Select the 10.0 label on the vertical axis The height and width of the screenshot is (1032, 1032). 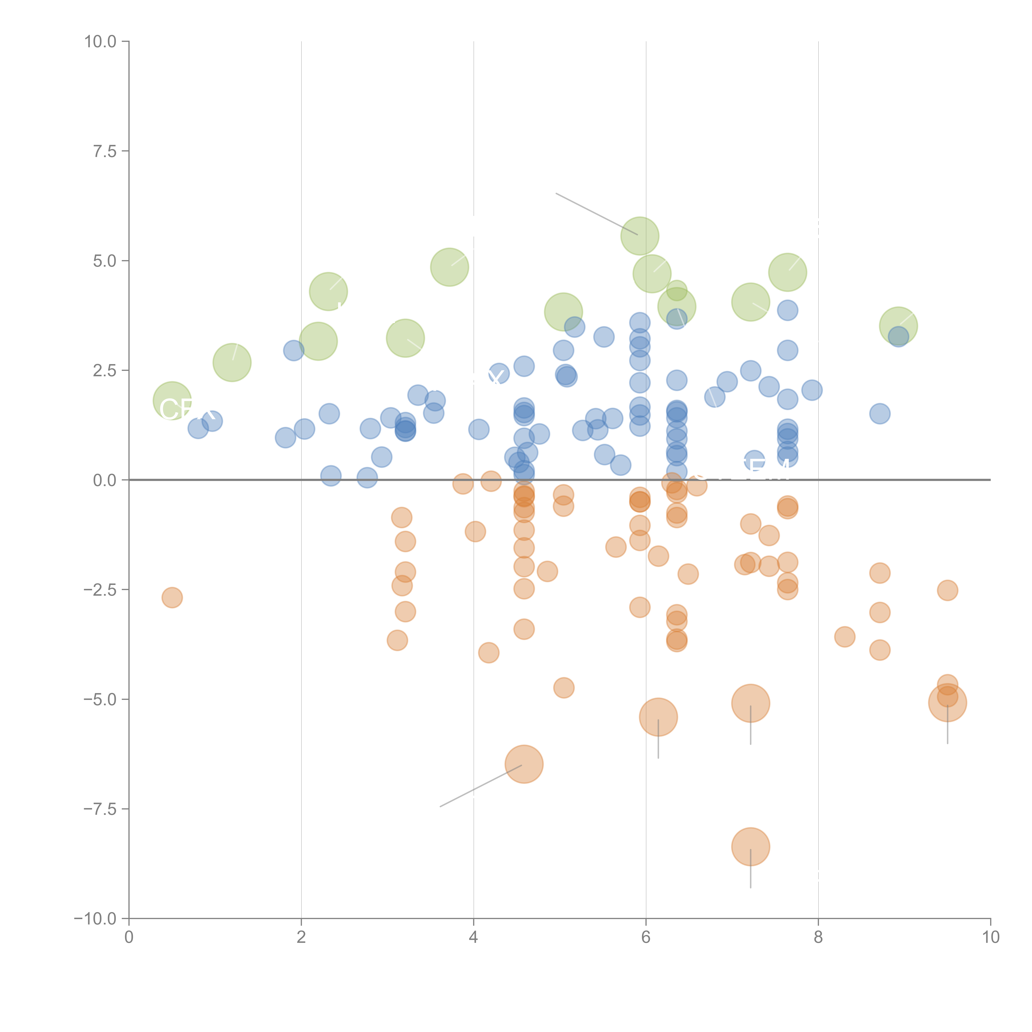click(101, 42)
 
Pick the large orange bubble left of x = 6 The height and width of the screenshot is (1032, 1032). click(524, 764)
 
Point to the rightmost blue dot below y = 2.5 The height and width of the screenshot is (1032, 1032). click(880, 413)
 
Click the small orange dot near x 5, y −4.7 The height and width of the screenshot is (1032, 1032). click(563, 688)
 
